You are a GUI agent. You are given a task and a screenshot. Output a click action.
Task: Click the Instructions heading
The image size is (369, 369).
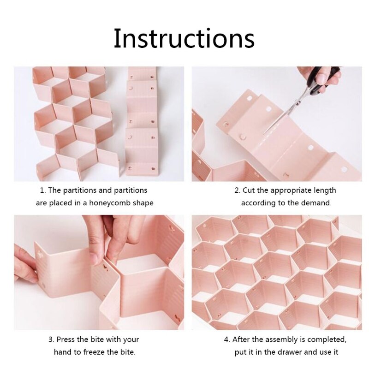[x=184, y=38]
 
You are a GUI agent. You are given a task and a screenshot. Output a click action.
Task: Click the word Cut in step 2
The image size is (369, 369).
[x=248, y=190]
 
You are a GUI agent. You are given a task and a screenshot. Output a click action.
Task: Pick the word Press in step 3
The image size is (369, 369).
[x=66, y=339]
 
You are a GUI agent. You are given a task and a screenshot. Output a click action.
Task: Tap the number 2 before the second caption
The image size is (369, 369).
[x=237, y=190]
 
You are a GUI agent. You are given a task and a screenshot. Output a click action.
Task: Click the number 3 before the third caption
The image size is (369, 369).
[x=51, y=339]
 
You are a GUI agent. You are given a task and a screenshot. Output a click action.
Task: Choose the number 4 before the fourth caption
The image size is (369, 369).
[x=226, y=339]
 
